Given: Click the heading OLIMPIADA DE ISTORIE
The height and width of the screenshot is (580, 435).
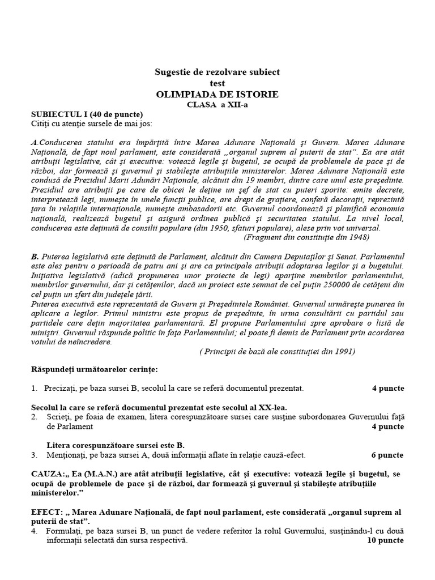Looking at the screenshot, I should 217,94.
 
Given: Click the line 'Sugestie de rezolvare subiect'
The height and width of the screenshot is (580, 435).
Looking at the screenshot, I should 217,72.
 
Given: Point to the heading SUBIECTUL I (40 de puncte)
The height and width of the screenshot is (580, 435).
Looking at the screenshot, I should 87,115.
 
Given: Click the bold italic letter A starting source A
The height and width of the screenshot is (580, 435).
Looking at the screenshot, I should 34,142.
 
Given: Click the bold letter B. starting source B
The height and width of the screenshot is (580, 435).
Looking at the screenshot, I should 35,256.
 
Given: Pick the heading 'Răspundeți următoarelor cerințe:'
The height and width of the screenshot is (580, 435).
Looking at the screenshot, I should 94,369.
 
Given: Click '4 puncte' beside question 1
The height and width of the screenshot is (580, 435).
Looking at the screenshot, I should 388,389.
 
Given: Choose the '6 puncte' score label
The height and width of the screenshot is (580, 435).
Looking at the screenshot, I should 388,455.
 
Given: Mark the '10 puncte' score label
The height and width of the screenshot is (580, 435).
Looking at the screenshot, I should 385,541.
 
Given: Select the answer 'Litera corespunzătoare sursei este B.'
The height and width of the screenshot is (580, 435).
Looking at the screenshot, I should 116,445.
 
